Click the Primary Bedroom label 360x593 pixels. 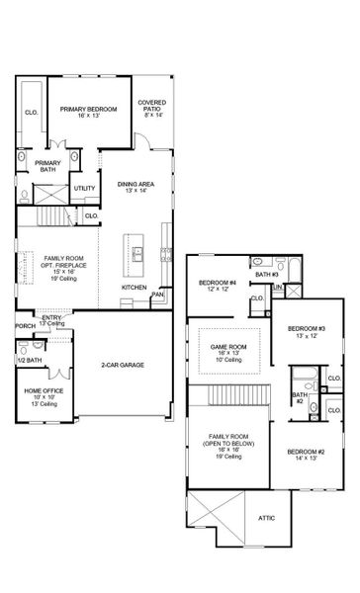coord(89,109)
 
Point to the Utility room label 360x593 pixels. coord(85,188)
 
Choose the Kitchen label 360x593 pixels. coord(135,288)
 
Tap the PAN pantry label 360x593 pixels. coord(156,294)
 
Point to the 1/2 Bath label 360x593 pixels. coord(28,360)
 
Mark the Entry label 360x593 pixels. coord(50,317)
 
